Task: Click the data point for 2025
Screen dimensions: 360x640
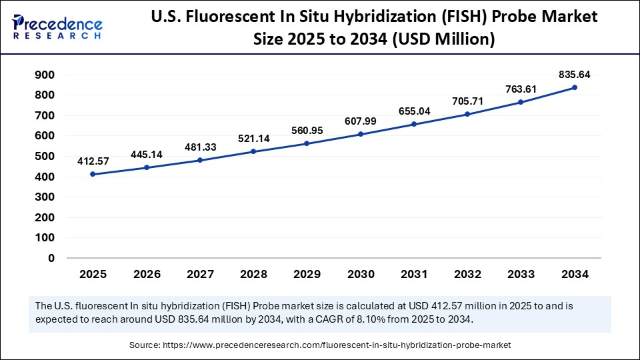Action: tap(93, 174)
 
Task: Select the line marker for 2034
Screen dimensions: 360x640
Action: tap(575, 87)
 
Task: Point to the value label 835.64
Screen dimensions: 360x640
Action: tap(575, 74)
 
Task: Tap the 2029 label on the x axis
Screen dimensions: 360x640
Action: tap(307, 274)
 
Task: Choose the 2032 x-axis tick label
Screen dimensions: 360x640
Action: tap(467, 274)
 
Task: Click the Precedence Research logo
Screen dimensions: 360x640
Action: tap(57, 27)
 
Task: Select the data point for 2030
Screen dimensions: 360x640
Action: tap(360, 134)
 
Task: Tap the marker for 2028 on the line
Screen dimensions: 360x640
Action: tap(253, 151)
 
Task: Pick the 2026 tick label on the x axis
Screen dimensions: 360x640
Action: tap(146, 274)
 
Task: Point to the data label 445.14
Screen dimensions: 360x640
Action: tap(146, 154)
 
